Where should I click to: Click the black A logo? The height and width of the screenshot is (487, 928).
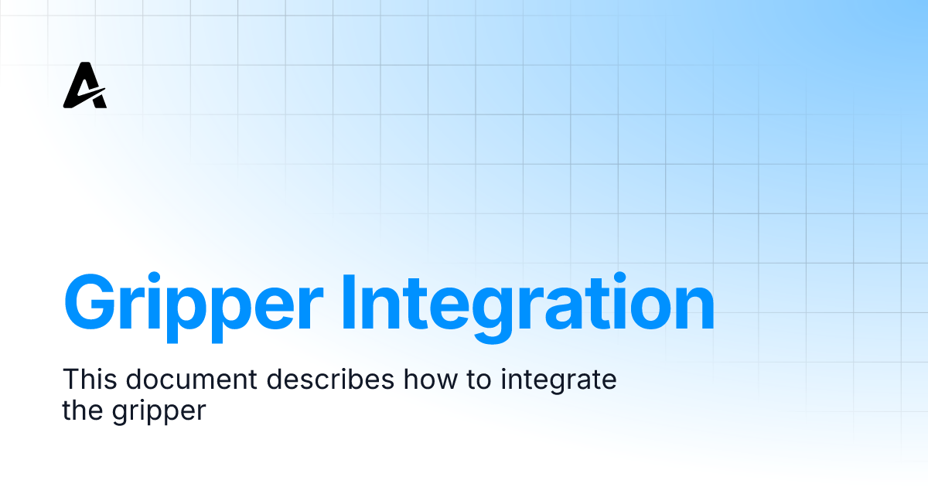[84, 87]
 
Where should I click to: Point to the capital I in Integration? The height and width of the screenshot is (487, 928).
[348, 302]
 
